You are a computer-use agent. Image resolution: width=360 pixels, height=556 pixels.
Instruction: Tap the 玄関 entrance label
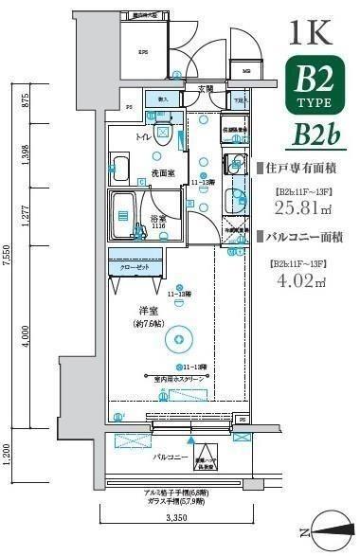pos(205,89)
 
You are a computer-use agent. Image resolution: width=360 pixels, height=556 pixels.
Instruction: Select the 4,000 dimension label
pos(27,335)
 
